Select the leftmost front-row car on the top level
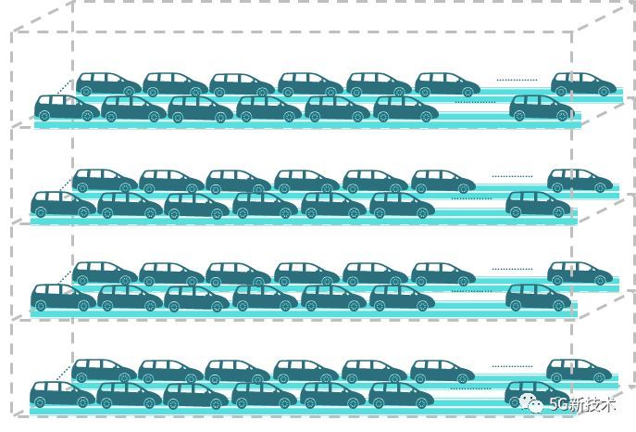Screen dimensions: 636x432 coord(67,108)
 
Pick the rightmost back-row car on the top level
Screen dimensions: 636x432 coord(583,84)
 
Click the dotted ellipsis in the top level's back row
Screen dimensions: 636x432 coord(518,80)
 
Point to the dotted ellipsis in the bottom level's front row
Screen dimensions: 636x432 coord(471,388)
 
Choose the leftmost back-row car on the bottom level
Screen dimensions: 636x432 coord(105,371)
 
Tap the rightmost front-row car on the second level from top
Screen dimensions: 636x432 coord(539,205)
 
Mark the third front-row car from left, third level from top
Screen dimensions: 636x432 coord(196,298)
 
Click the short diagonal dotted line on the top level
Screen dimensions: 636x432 coord(64,87)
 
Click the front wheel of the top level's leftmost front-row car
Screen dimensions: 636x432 coord(88,116)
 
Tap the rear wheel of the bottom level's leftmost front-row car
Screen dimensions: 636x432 coord(39,402)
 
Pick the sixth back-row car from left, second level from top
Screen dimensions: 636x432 coord(443,181)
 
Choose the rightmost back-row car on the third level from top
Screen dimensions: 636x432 coord(580,273)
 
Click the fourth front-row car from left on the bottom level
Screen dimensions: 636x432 coord(265,395)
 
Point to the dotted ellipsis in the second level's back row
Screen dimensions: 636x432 coord(512,177)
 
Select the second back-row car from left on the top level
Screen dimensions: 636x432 coord(176,84)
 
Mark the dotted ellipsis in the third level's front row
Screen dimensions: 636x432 coord(471,291)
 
